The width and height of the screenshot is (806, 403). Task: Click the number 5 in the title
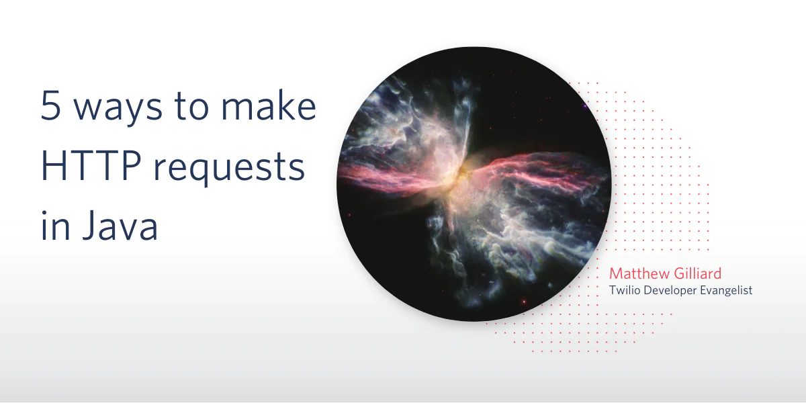click(x=50, y=105)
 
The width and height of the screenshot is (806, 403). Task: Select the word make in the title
click(x=269, y=105)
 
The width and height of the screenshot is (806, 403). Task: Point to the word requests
click(x=229, y=169)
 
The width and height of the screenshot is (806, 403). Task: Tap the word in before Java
click(x=55, y=225)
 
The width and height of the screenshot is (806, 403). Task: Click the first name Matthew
click(x=639, y=274)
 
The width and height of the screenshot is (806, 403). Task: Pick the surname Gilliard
click(x=697, y=273)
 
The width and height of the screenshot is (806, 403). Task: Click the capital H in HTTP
click(x=54, y=165)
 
